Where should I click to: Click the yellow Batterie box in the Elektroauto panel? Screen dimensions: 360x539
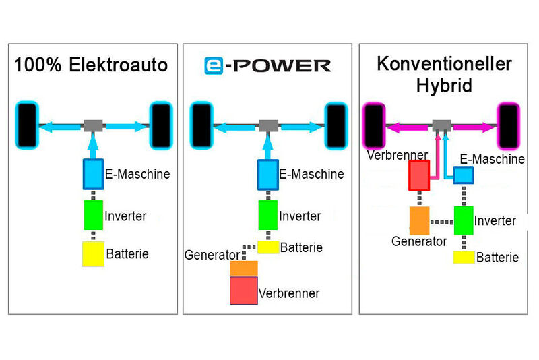tap(93, 254)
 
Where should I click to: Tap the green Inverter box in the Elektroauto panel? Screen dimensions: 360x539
tap(93, 214)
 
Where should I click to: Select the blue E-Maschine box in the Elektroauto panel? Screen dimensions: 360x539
tap(92, 174)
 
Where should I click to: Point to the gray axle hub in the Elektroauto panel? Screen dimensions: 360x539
tap(92, 125)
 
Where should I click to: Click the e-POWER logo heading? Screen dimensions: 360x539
tap(267, 65)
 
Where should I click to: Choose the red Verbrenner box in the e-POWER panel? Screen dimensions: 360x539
tap(243, 291)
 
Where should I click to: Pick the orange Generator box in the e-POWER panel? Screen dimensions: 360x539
tap(243, 268)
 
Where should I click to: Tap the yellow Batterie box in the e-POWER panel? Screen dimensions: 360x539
tap(268, 247)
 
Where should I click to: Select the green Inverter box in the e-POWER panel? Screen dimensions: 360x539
tap(268, 214)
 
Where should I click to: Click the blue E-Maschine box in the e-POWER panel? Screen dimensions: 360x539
tap(268, 175)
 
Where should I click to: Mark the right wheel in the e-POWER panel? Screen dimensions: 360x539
tap(335, 125)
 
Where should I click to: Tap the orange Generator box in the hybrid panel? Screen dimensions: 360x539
tap(419, 220)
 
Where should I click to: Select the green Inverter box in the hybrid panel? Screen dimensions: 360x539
tap(464, 220)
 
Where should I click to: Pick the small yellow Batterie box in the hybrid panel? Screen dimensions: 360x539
tap(464, 257)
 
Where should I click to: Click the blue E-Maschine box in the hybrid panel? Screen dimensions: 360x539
tap(463, 175)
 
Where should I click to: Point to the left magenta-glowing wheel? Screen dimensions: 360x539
tap(373, 125)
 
